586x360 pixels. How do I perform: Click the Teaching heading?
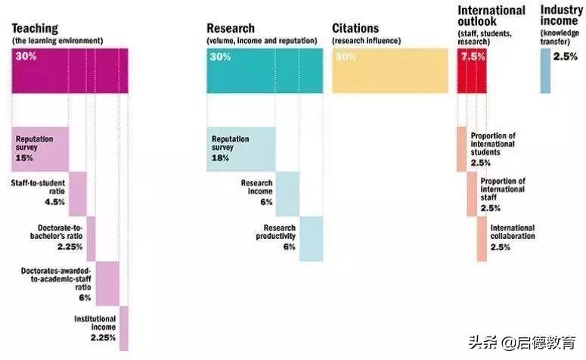pyautogui.click(x=35, y=29)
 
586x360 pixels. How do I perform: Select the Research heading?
pyautogui.click(x=231, y=29)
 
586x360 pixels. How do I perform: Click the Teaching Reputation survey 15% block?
pyautogui.click(x=40, y=148)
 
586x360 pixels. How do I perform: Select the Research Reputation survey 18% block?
pyautogui.click(x=240, y=148)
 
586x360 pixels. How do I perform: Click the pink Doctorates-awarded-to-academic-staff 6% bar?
pyautogui.click(x=107, y=284)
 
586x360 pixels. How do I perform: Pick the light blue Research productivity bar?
pyautogui.click(x=311, y=238)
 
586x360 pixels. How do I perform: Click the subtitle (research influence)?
pyautogui.click(x=367, y=41)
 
